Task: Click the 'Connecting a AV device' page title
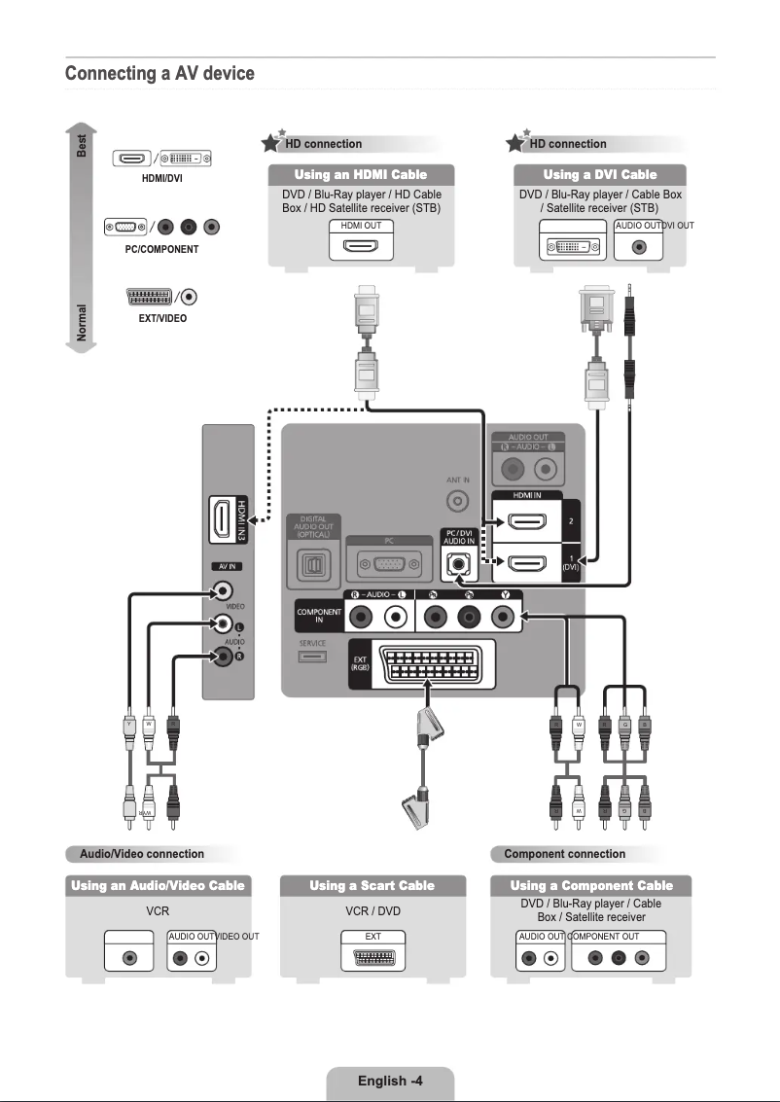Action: coord(160,74)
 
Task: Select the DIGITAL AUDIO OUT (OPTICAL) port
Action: coord(313,565)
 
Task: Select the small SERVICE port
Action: coord(312,658)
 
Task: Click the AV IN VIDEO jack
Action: coord(225,590)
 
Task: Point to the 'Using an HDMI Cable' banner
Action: coord(361,174)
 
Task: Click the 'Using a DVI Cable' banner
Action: coord(599,174)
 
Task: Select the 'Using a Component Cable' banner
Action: coord(591,885)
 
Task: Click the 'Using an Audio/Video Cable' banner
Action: coord(158,885)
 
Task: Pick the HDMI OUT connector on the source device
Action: coord(361,246)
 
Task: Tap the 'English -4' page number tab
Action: coord(389,1081)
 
